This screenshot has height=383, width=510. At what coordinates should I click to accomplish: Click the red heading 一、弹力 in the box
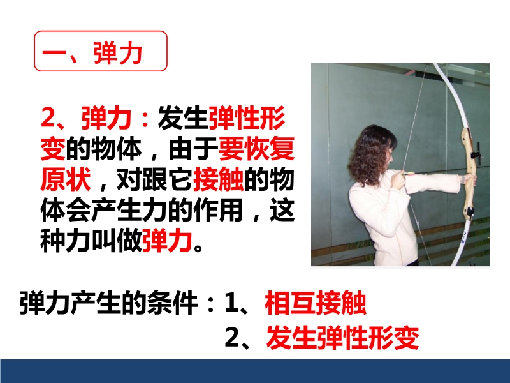point(92,53)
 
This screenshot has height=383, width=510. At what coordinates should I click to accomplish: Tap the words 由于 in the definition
point(193,149)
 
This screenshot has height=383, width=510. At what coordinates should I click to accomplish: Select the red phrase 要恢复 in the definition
point(257,149)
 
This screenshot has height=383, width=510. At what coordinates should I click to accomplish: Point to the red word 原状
point(66,179)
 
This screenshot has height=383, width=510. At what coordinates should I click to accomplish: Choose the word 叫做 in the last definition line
point(117,241)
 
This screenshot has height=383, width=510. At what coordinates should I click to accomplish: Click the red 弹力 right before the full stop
point(167,241)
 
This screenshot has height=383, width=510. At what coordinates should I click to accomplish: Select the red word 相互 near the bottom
point(290,303)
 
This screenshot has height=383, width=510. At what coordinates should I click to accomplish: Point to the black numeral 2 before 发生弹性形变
point(232,338)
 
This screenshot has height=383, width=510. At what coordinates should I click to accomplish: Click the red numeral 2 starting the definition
point(48,117)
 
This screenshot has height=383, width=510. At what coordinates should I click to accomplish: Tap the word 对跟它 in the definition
point(154,179)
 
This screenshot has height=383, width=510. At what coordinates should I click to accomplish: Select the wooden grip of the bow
point(469,172)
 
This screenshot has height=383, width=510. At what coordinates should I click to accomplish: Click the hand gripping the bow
point(469,178)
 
